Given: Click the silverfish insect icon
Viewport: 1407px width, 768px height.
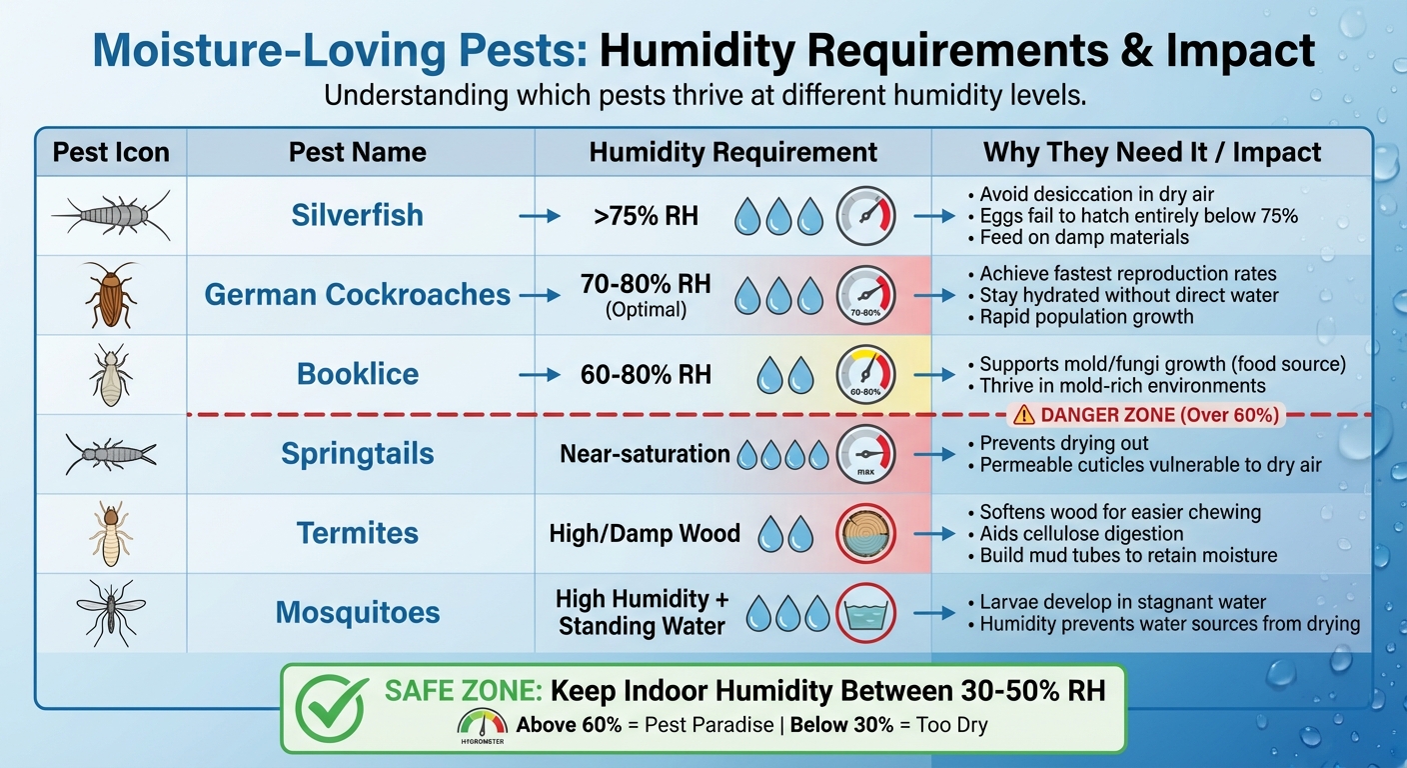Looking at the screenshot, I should pyautogui.click(x=111, y=215).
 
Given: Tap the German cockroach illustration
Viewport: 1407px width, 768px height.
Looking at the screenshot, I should pyautogui.click(x=111, y=294).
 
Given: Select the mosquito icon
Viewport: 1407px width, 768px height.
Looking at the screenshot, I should pyautogui.click(x=111, y=612).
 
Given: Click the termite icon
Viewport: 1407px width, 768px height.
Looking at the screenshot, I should pyautogui.click(x=111, y=533).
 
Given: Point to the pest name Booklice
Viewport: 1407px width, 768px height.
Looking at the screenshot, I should pyautogui.click(x=358, y=374).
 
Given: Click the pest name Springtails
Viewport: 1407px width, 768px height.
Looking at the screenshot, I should pyautogui.click(x=358, y=453).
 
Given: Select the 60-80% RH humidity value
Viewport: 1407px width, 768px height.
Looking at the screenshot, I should pyautogui.click(x=646, y=374).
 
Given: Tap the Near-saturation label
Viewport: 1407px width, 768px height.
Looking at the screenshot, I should pyautogui.click(x=645, y=453).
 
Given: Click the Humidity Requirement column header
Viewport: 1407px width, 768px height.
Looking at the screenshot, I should pyautogui.click(x=732, y=152).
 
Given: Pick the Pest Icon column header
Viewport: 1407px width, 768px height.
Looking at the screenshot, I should pyautogui.click(x=111, y=152).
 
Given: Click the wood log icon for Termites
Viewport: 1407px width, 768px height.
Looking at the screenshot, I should pyautogui.click(x=865, y=533).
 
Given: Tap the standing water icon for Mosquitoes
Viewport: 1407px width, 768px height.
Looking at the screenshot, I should pyautogui.click(x=865, y=612).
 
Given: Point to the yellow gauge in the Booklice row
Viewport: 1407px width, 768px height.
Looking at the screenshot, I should pyautogui.click(x=865, y=374).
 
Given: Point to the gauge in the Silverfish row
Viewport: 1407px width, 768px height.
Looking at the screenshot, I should pyautogui.click(x=865, y=215).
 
